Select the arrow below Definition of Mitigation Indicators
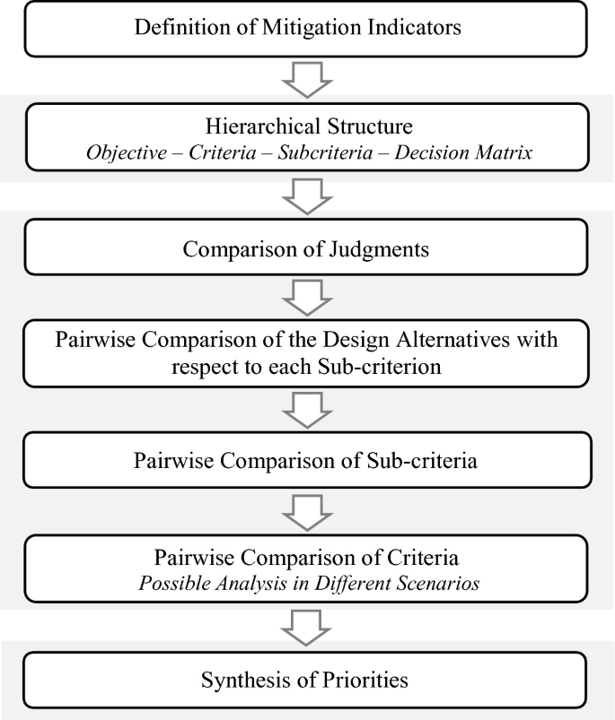click(x=306, y=80)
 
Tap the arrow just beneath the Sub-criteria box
click(x=306, y=511)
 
